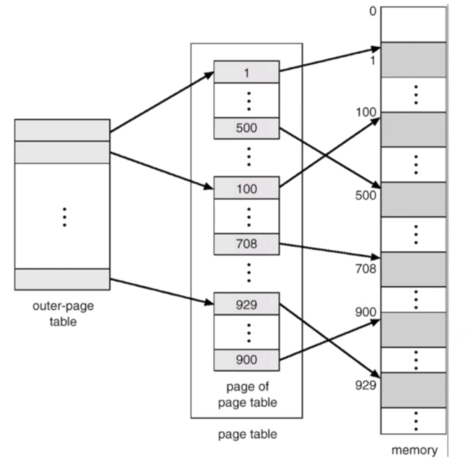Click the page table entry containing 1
click(x=246, y=72)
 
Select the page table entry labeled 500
click(x=246, y=128)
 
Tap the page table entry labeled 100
click(x=246, y=189)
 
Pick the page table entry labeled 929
click(x=246, y=304)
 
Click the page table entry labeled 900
click(x=246, y=360)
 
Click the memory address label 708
click(x=366, y=270)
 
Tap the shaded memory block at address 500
click(x=413, y=199)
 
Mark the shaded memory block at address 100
click(x=413, y=129)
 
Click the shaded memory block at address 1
click(x=413, y=59)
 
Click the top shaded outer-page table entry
click(x=62, y=130)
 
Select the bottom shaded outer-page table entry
click(x=62, y=279)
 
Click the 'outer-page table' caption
click(x=62, y=314)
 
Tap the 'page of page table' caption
click(x=248, y=394)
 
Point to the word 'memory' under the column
click(x=414, y=450)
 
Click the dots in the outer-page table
click(x=64, y=216)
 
